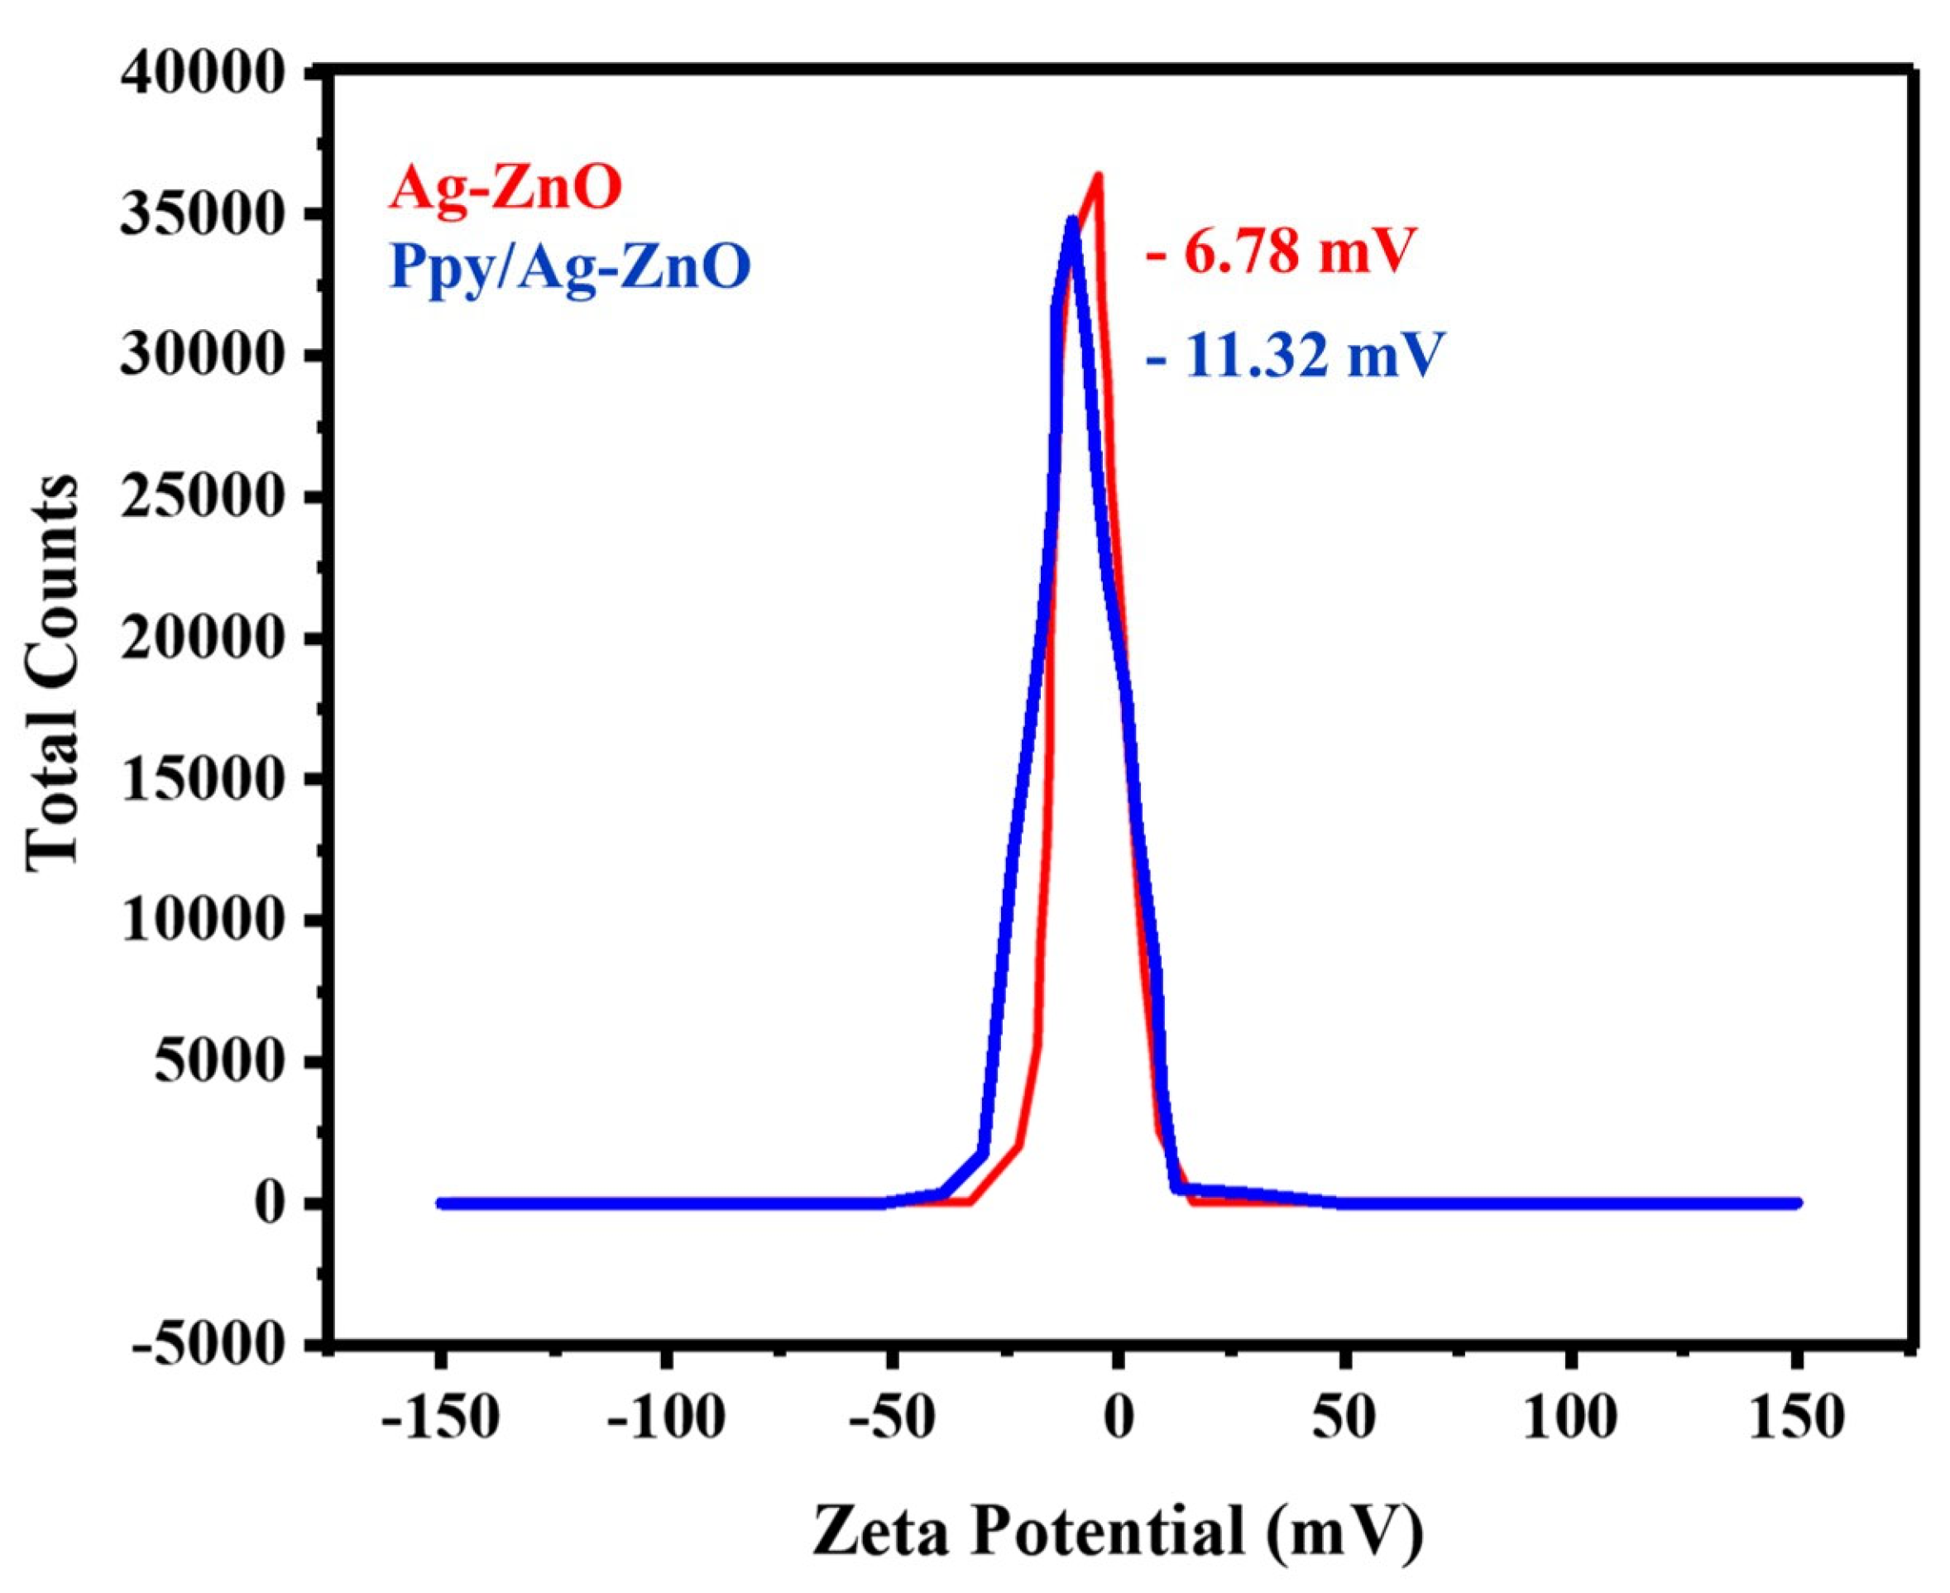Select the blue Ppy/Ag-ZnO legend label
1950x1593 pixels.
coord(570,266)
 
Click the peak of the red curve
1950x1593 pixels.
coord(1098,176)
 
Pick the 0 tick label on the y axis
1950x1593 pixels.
coord(271,1203)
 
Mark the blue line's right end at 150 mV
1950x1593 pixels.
coord(1797,1203)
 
